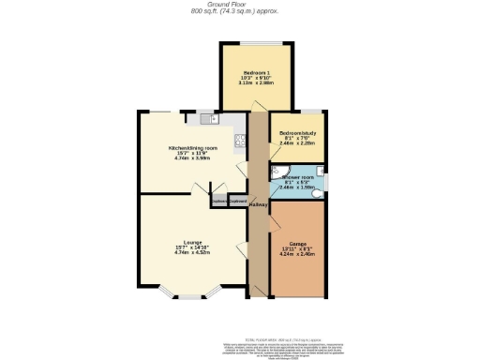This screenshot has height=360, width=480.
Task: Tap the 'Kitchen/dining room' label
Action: pos(192,148)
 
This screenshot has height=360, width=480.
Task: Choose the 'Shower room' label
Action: pos(293,177)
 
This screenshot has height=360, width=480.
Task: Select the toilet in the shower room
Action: pos(319,193)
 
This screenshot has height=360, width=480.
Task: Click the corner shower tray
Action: pos(278,172)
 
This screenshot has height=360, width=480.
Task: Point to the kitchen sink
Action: pos(206,120)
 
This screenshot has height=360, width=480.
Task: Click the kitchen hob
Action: pos(240,142)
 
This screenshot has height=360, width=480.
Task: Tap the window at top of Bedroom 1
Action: pos(251,44)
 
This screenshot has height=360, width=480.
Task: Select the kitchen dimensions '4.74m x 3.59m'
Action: pos(192,159)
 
